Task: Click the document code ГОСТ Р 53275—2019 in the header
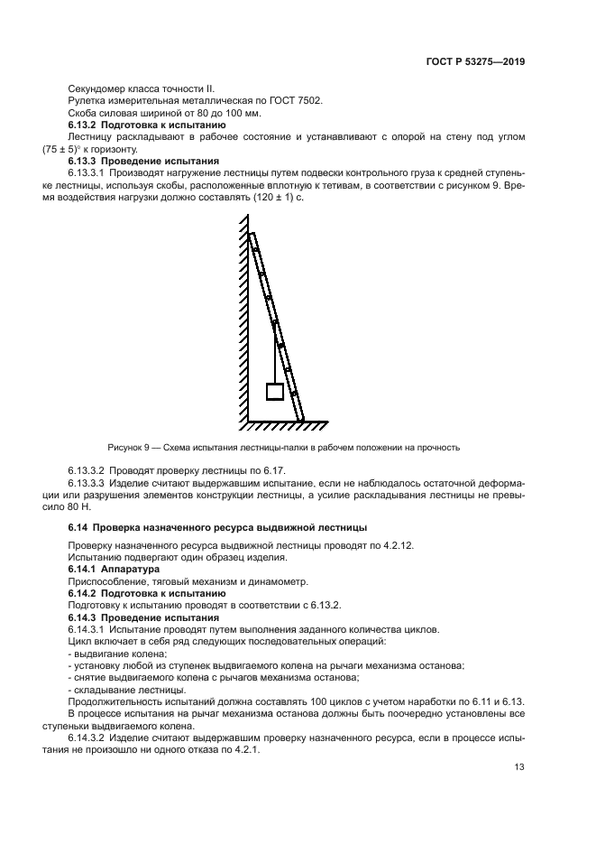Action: click(477, 63)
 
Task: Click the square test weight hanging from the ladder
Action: click(275, 391)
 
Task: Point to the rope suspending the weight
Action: click(275, 352)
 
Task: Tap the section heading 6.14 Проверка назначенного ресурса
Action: click(218, 526)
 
